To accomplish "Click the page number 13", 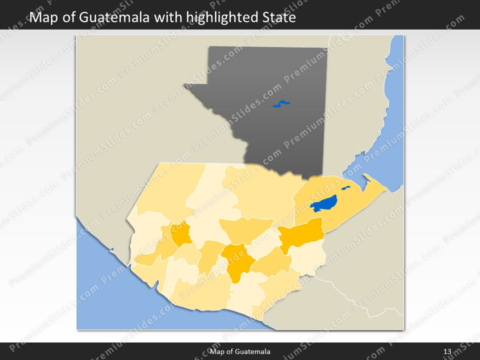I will click(447, 352).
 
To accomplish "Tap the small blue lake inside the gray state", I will click(281, 104).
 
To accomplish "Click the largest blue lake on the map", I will click(323, 203).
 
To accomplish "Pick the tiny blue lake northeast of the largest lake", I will click(345, 188).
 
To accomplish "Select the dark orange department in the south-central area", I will click(237, 260).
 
